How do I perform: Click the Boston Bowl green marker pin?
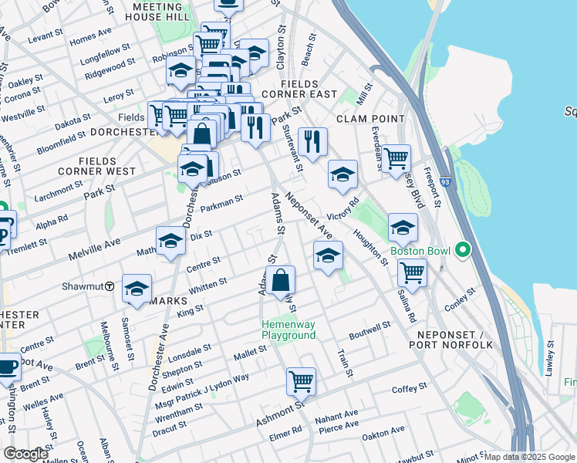pyautogui.click(x=462, y=250)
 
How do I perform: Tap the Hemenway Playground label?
pyautogui.click(x=288, y=330)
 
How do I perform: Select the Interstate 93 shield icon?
pyautogui.click(x=445, y=184)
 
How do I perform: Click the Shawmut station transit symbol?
pyautogui.click(x=110, y=286)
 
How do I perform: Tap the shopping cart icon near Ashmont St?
pyautogui.click(x=300, y=380)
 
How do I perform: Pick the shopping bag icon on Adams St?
pyautogui.click(x=281, y=279)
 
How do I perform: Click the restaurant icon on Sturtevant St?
pyautogui.click(x=312, y=141)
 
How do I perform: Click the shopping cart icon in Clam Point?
pyautogui.click(x=396, y=158)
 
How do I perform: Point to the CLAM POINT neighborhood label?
pyautogui.click(x=370, y=119)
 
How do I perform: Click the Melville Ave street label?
pyautogui.click(x=93, y=244)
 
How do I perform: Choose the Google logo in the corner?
pyautogui.click(x=25, y=454)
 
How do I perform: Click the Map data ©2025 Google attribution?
pyautogui.click(x=528, y=457)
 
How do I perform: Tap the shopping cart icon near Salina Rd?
pyautogui.click(x=412, y=272)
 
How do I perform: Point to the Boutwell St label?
pyautogui.click(x=370, y=327)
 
